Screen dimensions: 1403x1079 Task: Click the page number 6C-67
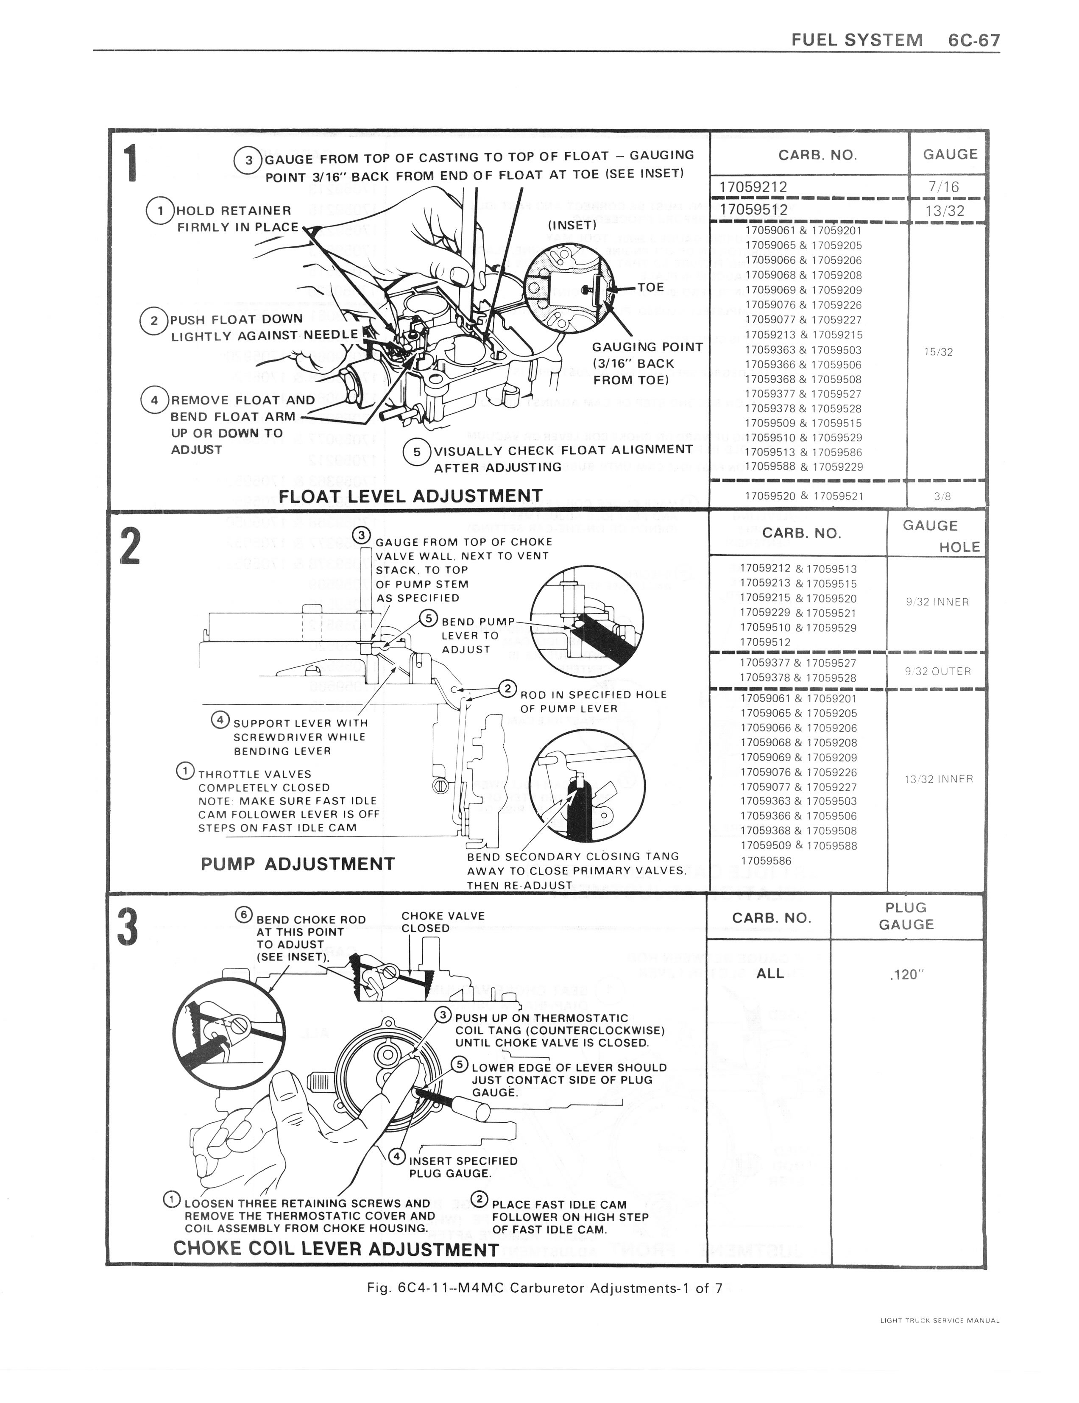[x=973, y=40]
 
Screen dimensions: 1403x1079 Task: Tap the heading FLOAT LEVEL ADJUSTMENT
[x=411, y=496]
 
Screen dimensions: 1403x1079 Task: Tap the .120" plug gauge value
[x=906, y=974]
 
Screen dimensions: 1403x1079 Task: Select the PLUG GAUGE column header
[x=906, y=916]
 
